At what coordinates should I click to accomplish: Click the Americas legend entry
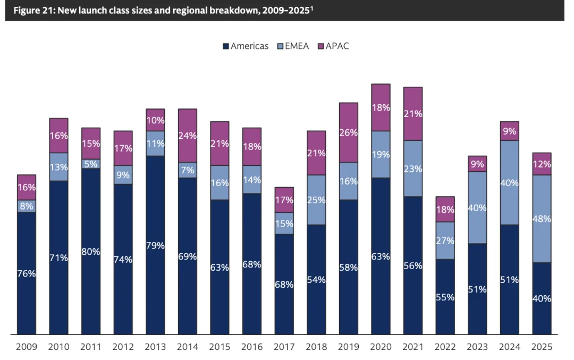(x=245, y=46)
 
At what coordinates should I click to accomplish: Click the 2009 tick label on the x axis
(x=27, y=347)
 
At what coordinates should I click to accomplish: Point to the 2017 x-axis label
(x=284, y=347)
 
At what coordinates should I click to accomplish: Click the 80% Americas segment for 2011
(x=91, y=252)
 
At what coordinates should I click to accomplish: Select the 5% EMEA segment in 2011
(x=91, y=164)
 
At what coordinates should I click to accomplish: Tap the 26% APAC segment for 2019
(x=348, y=132)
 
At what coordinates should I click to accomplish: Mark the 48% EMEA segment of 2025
(x=541, y=219)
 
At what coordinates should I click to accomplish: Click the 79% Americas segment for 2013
(x=155, y=245)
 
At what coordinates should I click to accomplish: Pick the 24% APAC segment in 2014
(x=187, y=136)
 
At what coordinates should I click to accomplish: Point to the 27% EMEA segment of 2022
(x=445, y=240)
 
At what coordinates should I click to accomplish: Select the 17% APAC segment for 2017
(x=284, y=200)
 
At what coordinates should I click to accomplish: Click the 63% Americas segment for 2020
(x=381, y=256)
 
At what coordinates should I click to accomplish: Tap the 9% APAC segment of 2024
(x=509, y=131)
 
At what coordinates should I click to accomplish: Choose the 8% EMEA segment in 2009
(x=27, y=206)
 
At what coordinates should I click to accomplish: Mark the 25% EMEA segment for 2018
(x=316, y=200)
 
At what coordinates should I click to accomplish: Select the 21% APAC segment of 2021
(x=412, y=114)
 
